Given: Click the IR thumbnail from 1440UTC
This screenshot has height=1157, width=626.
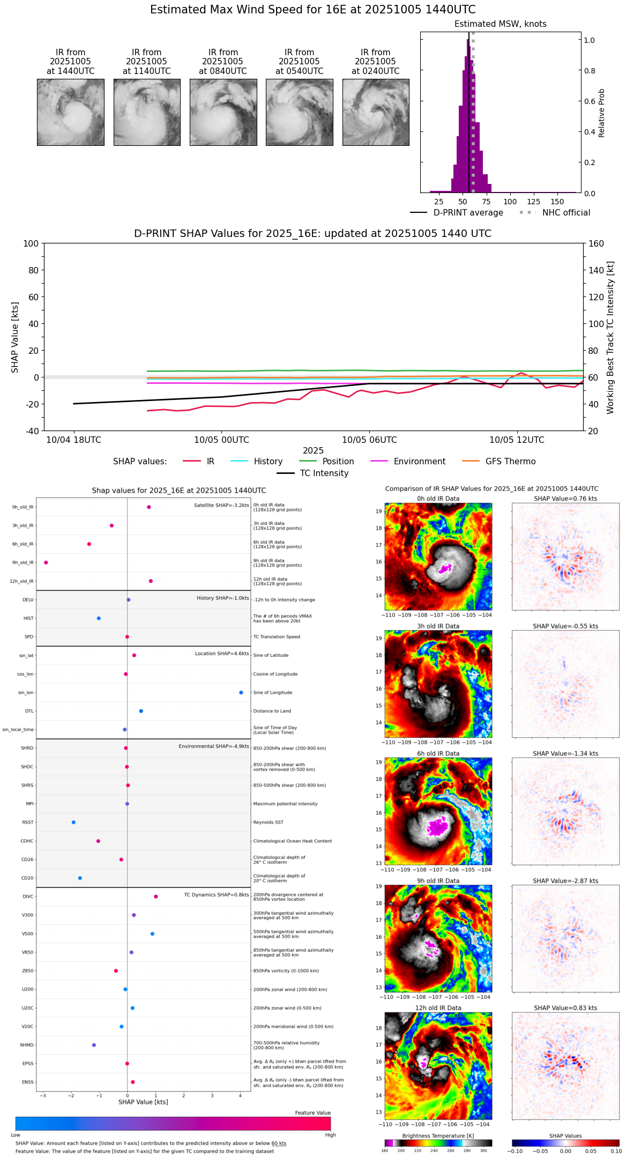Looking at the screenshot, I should (71, 112).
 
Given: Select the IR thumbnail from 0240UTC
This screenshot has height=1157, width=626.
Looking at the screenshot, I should (376, 112).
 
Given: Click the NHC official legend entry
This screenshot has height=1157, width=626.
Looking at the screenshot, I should (566, 213).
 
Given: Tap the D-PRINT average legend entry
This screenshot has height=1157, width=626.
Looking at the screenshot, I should (468, 213).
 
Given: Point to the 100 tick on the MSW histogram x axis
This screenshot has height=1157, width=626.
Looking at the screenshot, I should (510, 202).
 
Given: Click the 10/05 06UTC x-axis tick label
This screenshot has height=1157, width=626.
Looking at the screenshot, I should (369, 440).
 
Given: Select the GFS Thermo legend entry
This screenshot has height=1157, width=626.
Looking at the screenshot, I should (510, 462).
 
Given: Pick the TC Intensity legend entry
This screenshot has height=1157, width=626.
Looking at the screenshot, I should (324, 473).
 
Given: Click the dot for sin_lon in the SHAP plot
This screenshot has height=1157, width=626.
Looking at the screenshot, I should (241, 693).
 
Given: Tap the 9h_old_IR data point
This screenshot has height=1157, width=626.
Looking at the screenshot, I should (46, 562).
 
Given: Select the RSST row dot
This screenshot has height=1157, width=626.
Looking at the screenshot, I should (73, 822).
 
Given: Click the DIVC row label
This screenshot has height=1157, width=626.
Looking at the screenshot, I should (28, 896).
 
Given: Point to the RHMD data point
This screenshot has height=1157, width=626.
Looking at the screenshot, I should (94, 1045).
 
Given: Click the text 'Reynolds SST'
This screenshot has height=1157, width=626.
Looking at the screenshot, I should (268, 822).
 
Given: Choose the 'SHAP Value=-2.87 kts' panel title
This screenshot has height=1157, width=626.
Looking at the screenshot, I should (565, 881).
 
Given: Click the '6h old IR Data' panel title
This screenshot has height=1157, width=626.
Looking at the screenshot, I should (438, 754).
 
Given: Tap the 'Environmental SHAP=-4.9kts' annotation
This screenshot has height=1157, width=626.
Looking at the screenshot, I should (214, 746).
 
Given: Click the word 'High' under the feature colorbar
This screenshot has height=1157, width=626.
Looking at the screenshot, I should (330, 1135).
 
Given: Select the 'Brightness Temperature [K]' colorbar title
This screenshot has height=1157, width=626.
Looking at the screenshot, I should (438, 1136).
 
